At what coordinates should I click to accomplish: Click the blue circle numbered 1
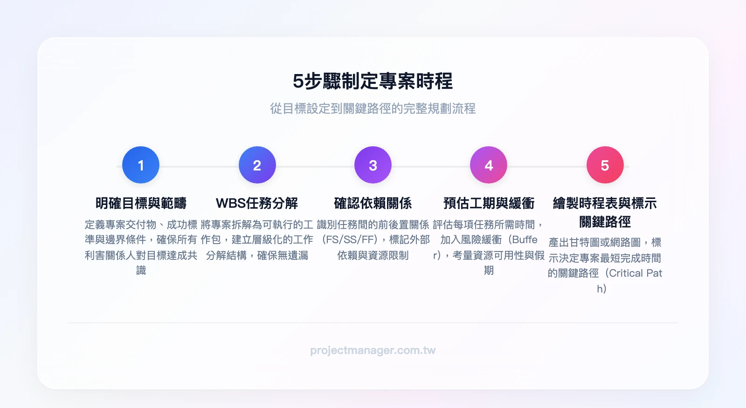[x=141, y=165]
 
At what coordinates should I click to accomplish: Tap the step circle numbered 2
[x=257, y=165]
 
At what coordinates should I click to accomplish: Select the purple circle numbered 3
[x=373, y=165]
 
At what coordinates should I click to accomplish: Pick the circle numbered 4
[x=489, y=165]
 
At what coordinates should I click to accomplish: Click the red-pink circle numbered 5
[x=605, y=165]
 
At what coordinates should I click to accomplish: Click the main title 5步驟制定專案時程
[x=373, y=81]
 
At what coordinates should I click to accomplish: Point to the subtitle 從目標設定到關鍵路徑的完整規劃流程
[x=373, y=109]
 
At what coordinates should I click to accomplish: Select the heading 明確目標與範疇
[x=141, y=203]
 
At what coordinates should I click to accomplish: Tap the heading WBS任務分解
[x=257, y=203]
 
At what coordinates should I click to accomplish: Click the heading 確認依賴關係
[x=373, y=203]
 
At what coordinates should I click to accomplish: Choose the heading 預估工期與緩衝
[x=489, y=203]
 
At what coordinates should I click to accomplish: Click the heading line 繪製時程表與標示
[x=605, y=203]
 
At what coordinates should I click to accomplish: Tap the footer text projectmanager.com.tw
[x=373, y=350]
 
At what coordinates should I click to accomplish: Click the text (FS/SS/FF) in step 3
[x=350, y=239]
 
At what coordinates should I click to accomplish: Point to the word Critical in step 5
[x=625, y=273]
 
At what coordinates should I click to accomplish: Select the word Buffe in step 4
[x=525, y=239]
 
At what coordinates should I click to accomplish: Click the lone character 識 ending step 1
[x=141, y=270]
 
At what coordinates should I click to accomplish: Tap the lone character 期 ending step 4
[x=489, y=270]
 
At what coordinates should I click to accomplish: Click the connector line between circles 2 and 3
[x=315, y=166]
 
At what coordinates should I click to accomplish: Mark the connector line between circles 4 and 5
[x=547, y=166]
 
